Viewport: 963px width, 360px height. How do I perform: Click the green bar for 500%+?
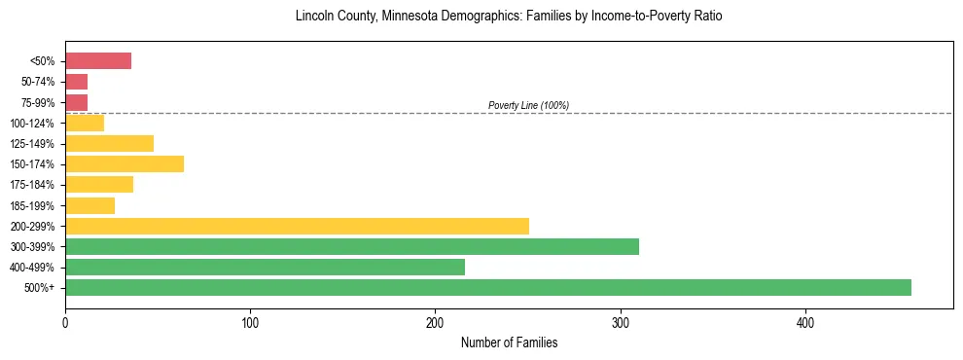pos(488,287)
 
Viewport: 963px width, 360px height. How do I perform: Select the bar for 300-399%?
pos(352,246)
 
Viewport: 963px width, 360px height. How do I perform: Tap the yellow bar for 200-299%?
pos(297,226)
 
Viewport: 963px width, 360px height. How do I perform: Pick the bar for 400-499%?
pos(265,267)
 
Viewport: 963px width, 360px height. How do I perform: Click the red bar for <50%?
pos(98,61)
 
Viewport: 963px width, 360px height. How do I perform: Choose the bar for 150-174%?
pos(125,163)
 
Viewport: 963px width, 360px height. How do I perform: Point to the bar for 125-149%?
pos(109,143)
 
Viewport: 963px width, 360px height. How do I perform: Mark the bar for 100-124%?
pos(85,123)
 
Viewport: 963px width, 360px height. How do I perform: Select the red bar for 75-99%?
pos(76,102)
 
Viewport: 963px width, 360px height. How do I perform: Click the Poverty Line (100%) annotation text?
pos(528,105)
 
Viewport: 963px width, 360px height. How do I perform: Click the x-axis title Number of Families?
pos(509,343)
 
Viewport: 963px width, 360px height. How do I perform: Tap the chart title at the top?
pos(509,17)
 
